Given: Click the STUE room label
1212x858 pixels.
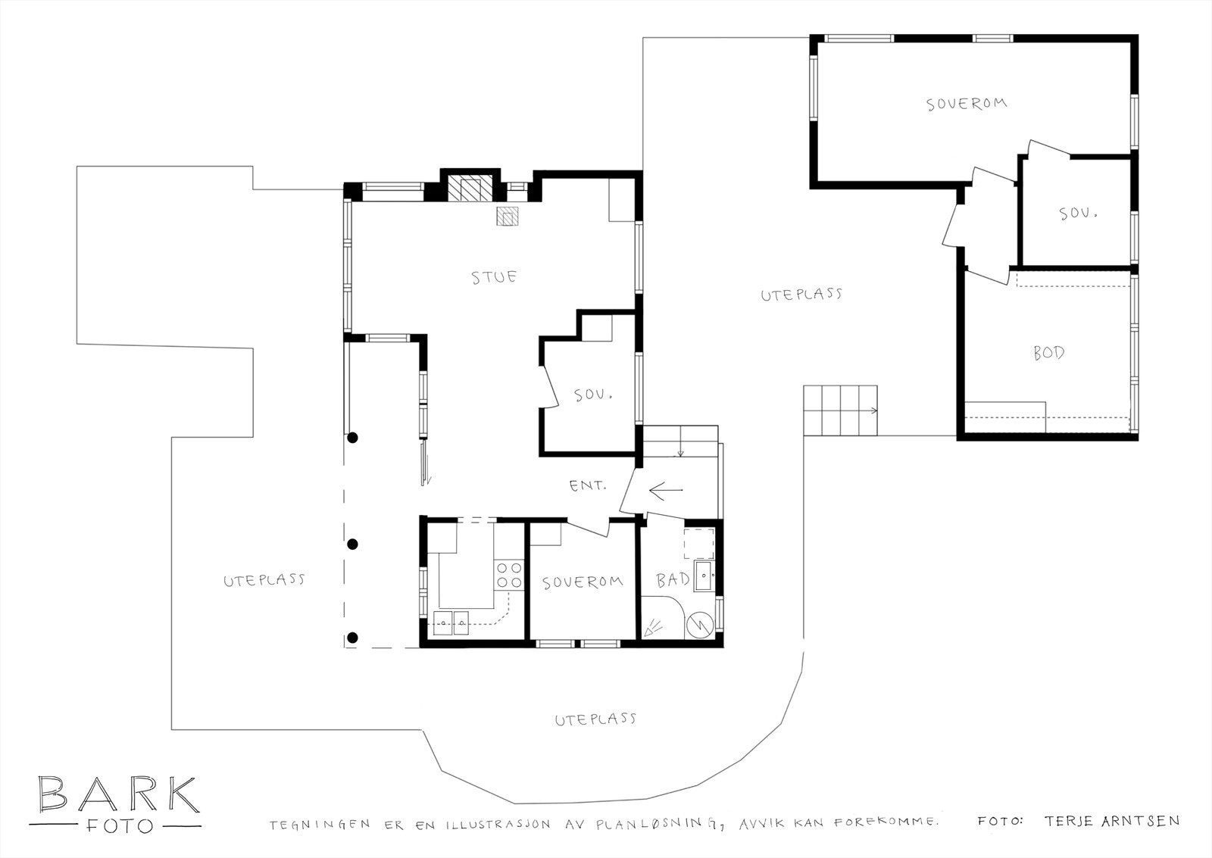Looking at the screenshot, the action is pyautogui.click(x=494, y=277).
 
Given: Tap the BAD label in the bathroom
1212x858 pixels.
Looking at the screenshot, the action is pyautogui.click(x=673, y=580).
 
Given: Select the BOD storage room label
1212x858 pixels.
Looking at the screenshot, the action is pyautogui.click(x=1049, y=353).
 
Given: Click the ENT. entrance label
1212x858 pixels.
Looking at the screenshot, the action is pyautogui.click(x=587, y=485).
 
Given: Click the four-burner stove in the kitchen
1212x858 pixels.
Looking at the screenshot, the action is pyautogui.click(x=509, y=575).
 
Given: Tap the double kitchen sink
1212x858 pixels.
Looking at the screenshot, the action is pyautogui.click(x=451, y=622).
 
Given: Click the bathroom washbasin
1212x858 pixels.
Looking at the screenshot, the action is pyautogui.click(x=704, y=577).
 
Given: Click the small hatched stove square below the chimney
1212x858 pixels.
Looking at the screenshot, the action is pyautogui.click(x=508, y=217).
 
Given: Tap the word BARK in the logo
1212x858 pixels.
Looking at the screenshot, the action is pyautogui.click(x=118, y=794).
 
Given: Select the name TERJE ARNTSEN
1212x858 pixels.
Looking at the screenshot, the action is pyautogui.click(x=1112, y=821).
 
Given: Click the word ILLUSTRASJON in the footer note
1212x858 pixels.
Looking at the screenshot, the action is pyautogui.click(x=498, y=825).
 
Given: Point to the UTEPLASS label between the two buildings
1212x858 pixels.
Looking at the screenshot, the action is pyautogui.click(x=801, y=295).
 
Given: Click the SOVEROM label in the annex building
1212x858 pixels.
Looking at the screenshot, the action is pyautogui.click(x=967, y=104).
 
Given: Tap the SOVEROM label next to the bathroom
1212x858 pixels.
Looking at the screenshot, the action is pyautogui.click(x=583, y=582).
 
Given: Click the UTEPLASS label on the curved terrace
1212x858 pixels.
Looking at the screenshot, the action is pyautogui.click(x=595, y=719).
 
